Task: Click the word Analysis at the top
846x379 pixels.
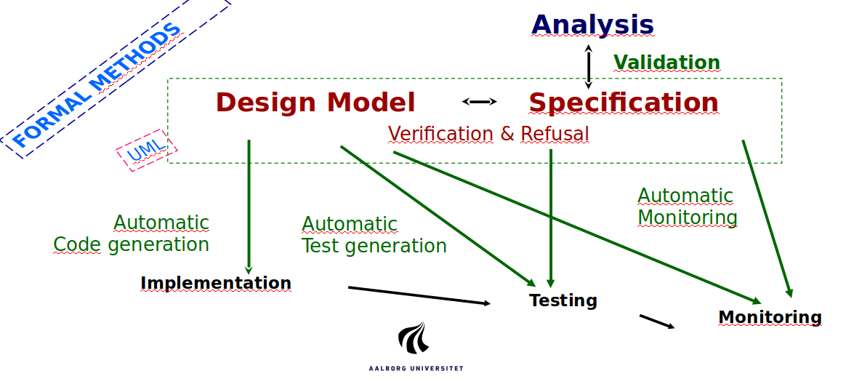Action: (592, 25)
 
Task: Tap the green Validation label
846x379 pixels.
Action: (667, 63)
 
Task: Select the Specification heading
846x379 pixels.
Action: (623, 103)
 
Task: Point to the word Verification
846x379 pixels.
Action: (440, 133)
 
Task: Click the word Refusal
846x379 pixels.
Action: (555, 133)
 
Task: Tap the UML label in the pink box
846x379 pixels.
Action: (145, 151)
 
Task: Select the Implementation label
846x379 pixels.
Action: (216, 283)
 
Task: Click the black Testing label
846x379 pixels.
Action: (563, 300)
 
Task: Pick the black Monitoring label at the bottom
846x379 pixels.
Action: (770, 317)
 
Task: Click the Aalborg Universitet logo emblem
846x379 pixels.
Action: (414, 338)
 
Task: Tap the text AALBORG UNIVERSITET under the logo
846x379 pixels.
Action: (416, 368)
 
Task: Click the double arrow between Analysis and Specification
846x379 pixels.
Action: (589, 66)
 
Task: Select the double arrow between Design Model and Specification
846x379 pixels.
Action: (479, 102)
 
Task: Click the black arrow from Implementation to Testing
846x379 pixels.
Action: (419, 296)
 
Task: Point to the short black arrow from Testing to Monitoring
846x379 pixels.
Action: (657, 322)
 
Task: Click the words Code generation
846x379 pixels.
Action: (131, 244)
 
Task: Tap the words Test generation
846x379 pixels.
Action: (374, 246)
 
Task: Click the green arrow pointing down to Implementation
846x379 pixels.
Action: (249, 207)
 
